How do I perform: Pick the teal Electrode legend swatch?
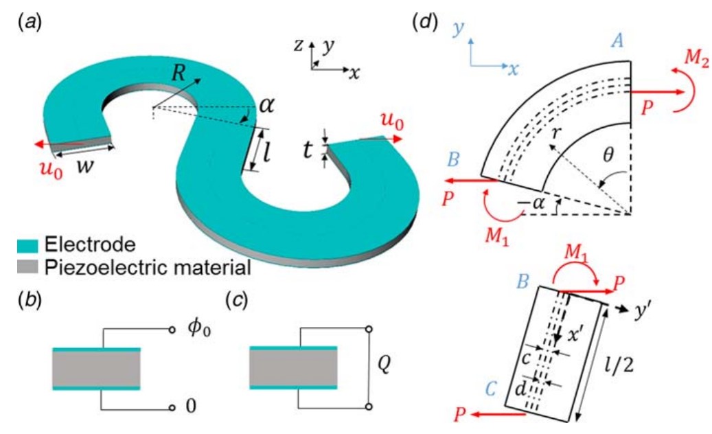click(x=28, y=244)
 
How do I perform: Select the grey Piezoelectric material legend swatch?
click(x=28, y=265)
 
